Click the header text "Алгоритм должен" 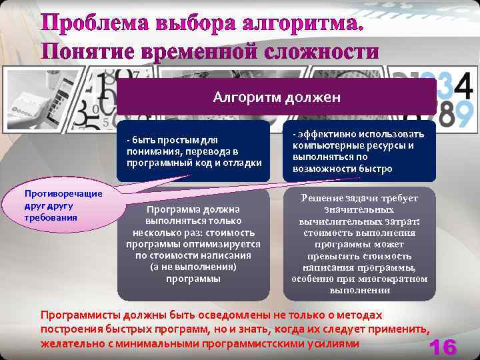(x=277, y=97)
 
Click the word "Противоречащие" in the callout (x=63, y=193)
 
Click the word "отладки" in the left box (x=242, y=163)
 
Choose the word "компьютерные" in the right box (x=325, y=145)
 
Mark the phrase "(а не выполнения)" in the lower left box (x=193, y=267)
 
